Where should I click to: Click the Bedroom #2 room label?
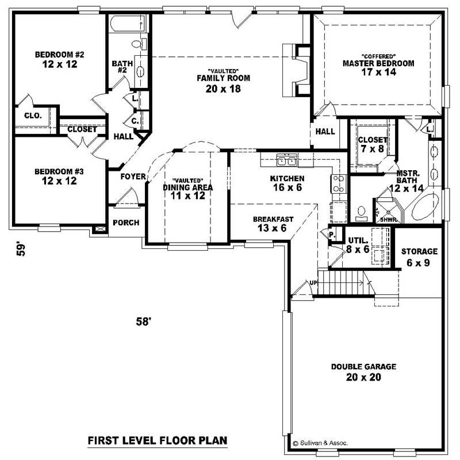pos(60,55)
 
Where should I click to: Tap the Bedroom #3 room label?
pos(59,171)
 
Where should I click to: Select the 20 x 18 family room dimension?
pos(223,89)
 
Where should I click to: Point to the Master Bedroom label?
pos(378,63)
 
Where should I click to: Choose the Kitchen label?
pos(287,178)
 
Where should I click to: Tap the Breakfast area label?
pos(274,219)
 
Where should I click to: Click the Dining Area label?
pos(188,187)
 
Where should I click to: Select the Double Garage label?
pos(363,367)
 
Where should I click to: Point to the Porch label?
pos(126,223)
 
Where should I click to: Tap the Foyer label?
pos(132,177)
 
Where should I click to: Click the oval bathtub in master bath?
pos(426,208)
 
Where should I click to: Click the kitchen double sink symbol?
pos(287,160)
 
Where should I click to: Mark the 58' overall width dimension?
pos(144,322)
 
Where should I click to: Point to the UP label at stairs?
pos(313,283)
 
